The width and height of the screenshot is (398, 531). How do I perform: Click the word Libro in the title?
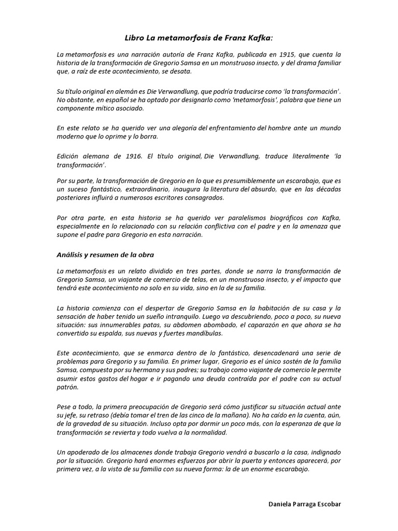(x=135, y=38)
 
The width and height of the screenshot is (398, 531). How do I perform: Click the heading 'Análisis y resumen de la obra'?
(x=105, y=255)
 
